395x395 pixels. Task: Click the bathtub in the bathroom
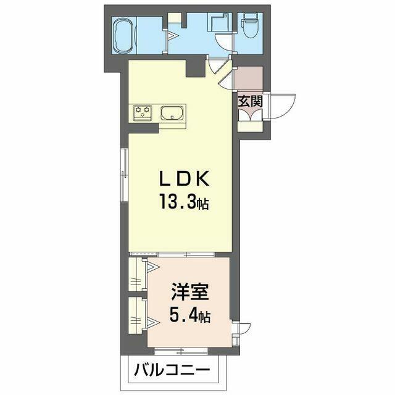coord(124,36)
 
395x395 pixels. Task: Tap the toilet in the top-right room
coord(249,25)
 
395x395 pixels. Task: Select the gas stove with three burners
coord(143,112)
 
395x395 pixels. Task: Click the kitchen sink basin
coord(172,114)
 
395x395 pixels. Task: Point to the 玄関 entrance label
coord(251,101)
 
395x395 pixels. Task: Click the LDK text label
coord(184,178)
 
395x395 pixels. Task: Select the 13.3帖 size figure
coord(184,202)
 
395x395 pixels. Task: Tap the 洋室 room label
coord(189,291)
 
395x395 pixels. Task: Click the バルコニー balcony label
coord(172,370)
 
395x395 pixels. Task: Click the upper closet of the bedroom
coord(137,275)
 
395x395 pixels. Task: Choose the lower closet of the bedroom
coord(137,315)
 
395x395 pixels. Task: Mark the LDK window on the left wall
coord(124,175)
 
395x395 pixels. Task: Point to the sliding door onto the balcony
coord(181,351)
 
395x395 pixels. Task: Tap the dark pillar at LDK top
coord(196,67)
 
